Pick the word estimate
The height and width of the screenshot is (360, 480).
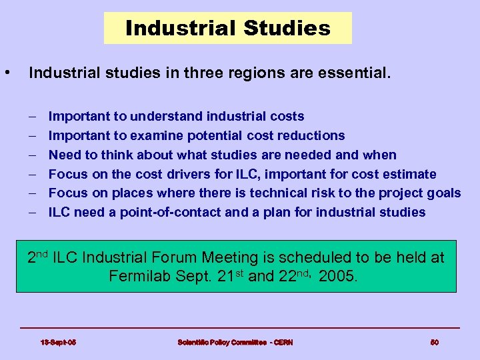click(413, 174)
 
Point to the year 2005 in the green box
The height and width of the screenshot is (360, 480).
click(339, 276)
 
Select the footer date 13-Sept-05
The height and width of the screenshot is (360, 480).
click(58, 342)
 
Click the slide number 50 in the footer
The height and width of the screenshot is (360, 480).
click(434, 342)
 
